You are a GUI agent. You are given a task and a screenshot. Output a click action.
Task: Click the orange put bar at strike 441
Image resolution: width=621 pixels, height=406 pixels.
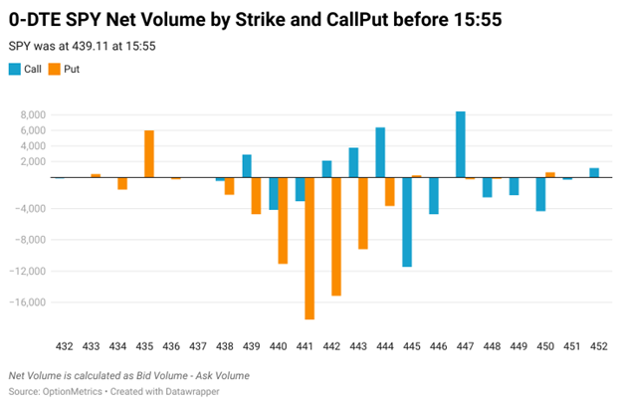tap(310, 248)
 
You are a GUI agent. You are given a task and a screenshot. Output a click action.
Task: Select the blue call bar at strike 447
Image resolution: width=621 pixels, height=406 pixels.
tap(461, 144)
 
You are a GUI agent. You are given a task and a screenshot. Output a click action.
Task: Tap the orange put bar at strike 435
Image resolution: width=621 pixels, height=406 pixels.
tap(149, 153)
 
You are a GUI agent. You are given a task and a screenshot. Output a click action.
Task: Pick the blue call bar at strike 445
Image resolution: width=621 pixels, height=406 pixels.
tap(407, 222)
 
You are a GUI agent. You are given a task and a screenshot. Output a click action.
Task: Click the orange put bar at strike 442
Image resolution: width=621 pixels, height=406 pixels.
tap(336, 236)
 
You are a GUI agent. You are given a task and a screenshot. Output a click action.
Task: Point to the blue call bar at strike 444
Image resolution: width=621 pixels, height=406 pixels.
tap(380, 152)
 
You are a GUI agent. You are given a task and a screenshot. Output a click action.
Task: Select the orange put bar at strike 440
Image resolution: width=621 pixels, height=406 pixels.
tap(283, 220)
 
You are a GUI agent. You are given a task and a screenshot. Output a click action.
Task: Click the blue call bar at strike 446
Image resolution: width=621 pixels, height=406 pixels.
tap(434, 195)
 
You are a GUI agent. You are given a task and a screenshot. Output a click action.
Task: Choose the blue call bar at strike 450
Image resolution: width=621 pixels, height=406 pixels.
tap(540, 194)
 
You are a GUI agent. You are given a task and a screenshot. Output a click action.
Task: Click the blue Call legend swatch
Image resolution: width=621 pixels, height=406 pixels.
tap(14, 69)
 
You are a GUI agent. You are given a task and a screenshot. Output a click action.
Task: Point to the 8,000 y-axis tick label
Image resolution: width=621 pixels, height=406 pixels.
tap(33, 115)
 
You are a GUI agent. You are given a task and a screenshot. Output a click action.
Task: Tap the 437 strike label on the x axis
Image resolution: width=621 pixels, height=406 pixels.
tap(198, 346)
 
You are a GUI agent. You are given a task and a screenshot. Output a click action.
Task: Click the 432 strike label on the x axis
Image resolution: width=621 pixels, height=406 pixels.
tap(65, 346)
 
